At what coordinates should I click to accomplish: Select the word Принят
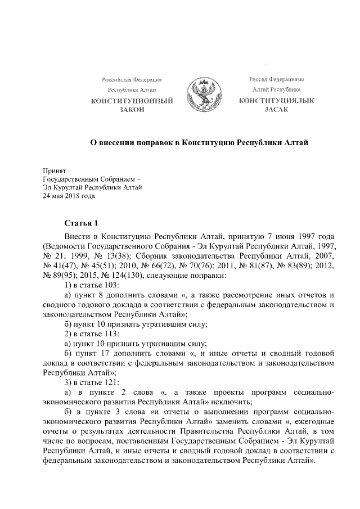[55, 170]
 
